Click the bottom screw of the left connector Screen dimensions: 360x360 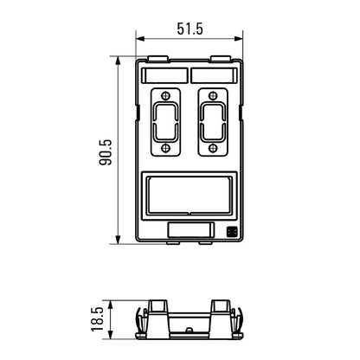click(164, 147)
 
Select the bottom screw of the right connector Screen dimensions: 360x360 click(212, 147)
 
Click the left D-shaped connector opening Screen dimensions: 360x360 click(164, 120)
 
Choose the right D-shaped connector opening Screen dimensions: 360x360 click(212, 120)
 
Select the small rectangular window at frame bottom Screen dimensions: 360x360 click(190, 230)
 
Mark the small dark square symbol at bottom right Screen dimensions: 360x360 click(232, 231)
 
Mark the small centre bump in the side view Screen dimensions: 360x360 click(189, 331)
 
